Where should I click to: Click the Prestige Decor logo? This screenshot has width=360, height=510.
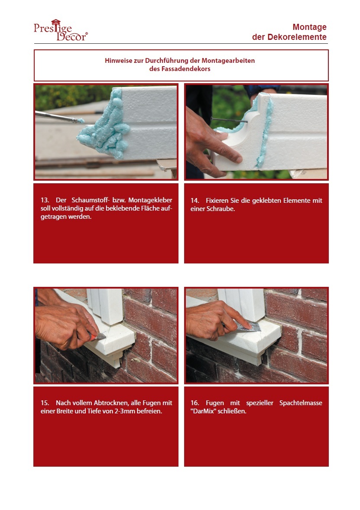click(x=61, y=30)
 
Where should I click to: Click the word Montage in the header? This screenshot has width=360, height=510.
click(x=309, y=27)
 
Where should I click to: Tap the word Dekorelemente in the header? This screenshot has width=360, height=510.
click(x=297, y=37)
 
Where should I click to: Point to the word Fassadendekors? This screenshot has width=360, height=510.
click(x=186, y=68)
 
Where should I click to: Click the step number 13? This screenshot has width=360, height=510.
click(x=45, y=200)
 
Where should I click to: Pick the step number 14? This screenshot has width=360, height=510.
click(x=195, y=200)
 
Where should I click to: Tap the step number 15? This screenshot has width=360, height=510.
click(x=45, y=403)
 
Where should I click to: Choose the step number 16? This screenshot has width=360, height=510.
click(x=195, y=403)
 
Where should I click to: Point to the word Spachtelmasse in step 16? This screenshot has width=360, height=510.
click(x=301, y=403)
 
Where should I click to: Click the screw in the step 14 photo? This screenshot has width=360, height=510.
click(x=229, y=120)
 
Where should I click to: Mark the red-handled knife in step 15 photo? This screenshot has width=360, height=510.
click(x=97, y=336)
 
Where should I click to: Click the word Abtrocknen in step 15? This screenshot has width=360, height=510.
click(x=110, y=403)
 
